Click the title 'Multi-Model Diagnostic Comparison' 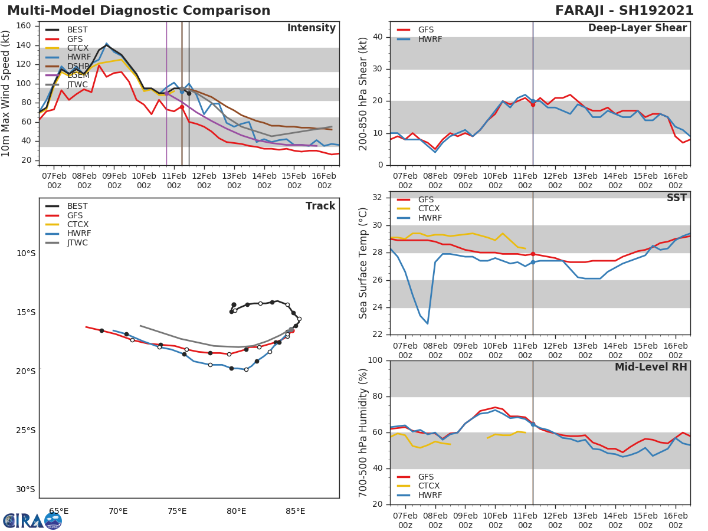(x=139, y=11)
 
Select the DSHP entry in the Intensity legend (x=78, y=67)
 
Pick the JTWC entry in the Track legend (x=77, y=243)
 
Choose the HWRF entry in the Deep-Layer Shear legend (x=430, y=39)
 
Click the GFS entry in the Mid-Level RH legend (x=425, y=477)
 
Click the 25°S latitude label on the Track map (x=26, y=430)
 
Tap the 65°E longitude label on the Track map (x=58, y=511)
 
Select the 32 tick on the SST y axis (x=379, y=198)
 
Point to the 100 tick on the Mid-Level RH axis (x=376, y=360)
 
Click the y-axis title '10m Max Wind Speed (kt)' (x=6, y=93)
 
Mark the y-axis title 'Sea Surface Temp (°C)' (x=363, y=263)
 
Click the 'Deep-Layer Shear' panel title (x=637, y=28)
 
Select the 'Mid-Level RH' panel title (x=651, y=368)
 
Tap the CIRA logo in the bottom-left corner (x=32, y=520)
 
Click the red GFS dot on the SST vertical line (x=533, y=254)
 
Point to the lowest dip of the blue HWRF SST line (x=427, y=323)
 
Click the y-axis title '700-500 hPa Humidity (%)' (x=363, y=432)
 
